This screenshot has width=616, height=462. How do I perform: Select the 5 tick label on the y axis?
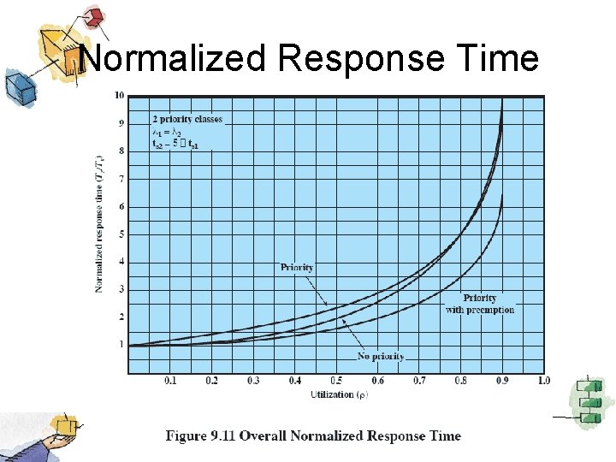point(121,234)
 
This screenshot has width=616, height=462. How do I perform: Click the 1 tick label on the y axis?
point(121,345)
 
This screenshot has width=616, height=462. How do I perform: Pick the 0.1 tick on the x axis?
point(170,381)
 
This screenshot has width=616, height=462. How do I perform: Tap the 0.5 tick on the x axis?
point(336,381)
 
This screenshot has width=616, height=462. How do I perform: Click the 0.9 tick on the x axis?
point(501,381)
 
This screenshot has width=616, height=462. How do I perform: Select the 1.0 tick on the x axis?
point(542,381)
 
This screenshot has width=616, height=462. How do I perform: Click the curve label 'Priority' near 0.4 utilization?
point(297,268)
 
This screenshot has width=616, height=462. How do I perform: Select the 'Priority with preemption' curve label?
point(480,304)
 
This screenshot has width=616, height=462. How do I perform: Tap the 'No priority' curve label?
point(381,356)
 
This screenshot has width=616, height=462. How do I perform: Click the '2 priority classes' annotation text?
point(187,119)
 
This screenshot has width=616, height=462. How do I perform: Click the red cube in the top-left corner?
point(95,15)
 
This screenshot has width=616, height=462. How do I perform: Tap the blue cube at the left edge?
point(16,86)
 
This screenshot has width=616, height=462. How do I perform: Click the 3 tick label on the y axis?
point(121,289)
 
